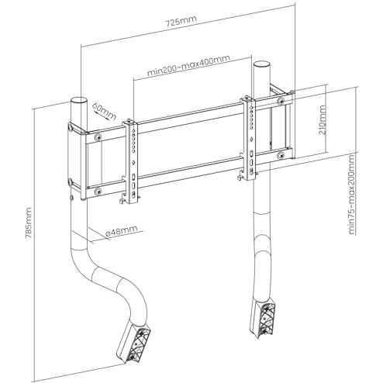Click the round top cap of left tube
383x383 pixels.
point(78,102)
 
